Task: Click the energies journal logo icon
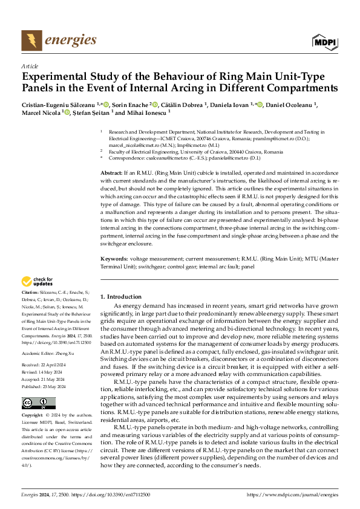click(x=30, y=41)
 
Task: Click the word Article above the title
click(x=30, y=66)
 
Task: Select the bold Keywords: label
click(x=114, y=259)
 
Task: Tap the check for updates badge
click(x=37, y=281)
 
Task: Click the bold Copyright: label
click(x=33, y=417)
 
